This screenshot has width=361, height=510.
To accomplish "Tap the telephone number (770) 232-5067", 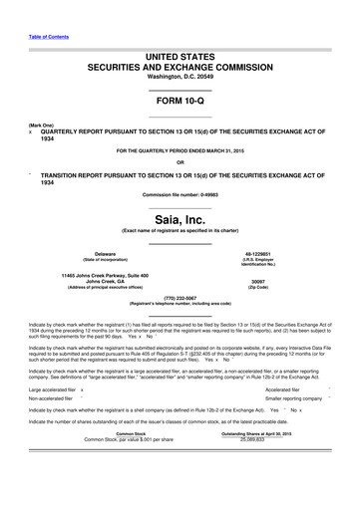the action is click(x=180, y=296).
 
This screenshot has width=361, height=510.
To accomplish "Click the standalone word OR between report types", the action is click(x=180, y=162).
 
